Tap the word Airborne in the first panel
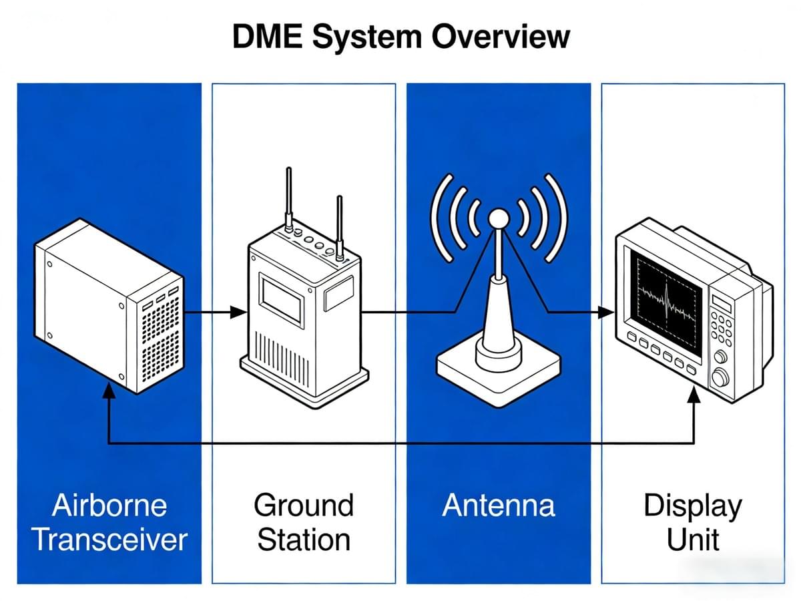point(109,505)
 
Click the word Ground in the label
point(304,505)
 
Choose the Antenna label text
point(499,506)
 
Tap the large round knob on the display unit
point(720,378)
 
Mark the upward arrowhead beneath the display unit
point(694,394)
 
